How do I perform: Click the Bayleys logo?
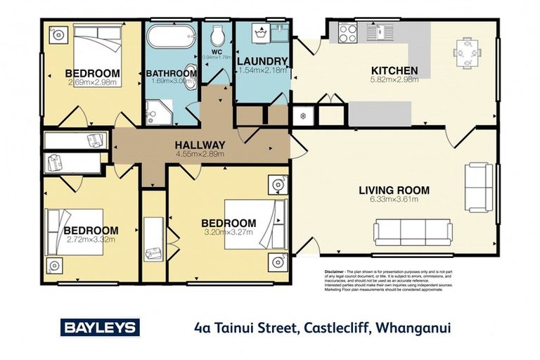[x=101, y=327]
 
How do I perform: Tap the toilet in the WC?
[x=217, y=34]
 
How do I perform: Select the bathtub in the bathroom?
[x=171, y=35]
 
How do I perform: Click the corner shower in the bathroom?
[x=156, y=110]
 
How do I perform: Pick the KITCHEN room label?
[x=394, y=70]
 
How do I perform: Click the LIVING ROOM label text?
[x=394, y=190]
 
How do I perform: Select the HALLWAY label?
[x=200, y=144]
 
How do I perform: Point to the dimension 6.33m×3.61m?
[x=394, y=199]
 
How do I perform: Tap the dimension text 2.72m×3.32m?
[x=91, y=239]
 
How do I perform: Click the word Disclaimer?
[x=334, y=271]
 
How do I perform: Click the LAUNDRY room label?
[x=262, y=61]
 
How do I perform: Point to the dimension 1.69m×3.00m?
[x=171, y=82]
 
